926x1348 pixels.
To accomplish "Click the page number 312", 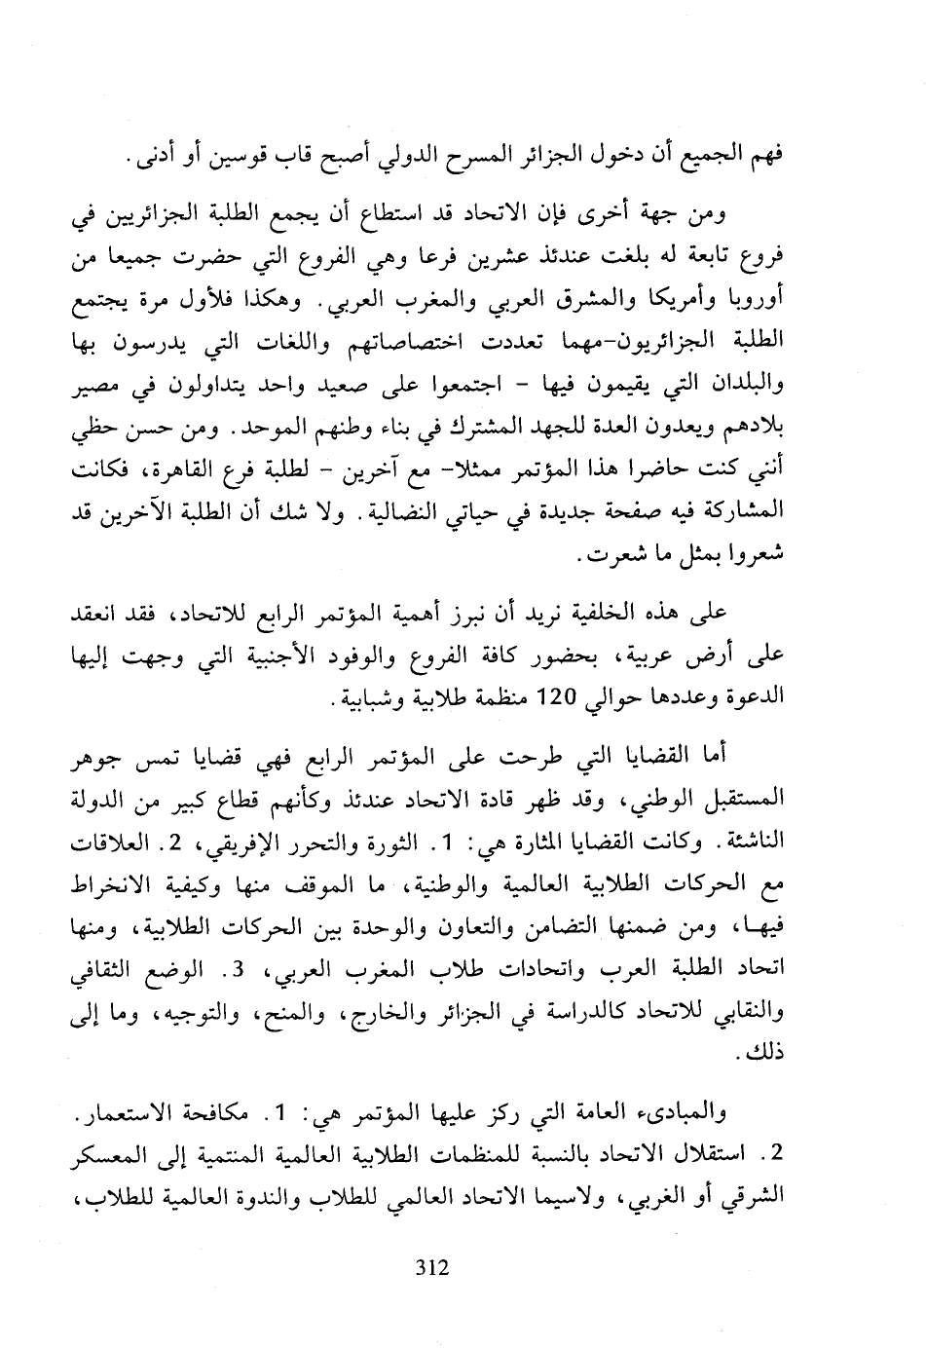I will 430,1267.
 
